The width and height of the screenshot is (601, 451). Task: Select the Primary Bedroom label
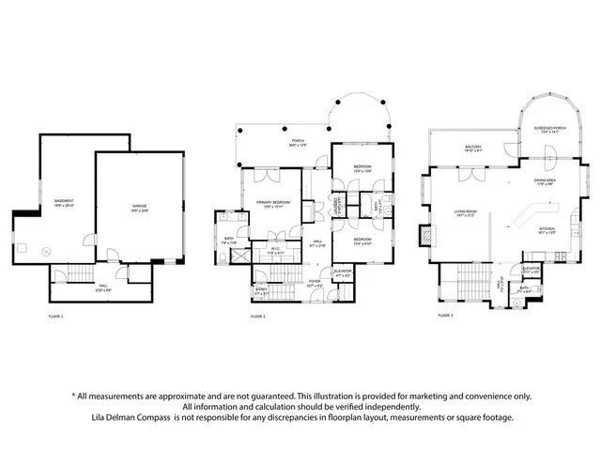click(x=272, y=203)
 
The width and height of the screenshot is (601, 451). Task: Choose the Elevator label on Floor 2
click(x=343, y=272)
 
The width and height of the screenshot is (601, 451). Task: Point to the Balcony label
click(x=473, y=148)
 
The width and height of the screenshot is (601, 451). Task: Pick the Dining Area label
click(x=547, y=181)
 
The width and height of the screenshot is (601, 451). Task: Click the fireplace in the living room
click(x=428, y=233)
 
